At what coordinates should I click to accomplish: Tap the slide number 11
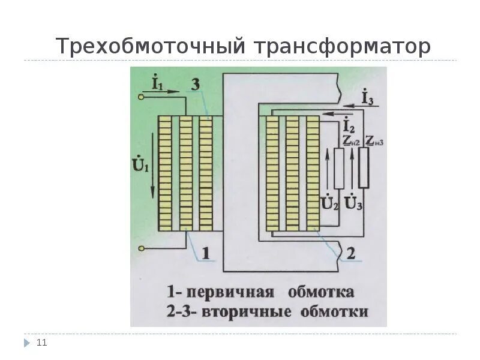[x=41, y=343]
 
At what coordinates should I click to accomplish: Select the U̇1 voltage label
[x=139, y=162]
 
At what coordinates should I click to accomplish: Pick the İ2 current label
[x=348, y=126]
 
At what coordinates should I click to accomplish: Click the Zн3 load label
[x=374, y=141]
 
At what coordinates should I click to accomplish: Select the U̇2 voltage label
[x=329, y=203]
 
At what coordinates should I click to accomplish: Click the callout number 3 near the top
[x=195, y=84]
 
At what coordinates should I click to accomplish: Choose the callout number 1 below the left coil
[x=205, y=254]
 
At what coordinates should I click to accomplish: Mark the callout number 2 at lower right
[x=350, y=254]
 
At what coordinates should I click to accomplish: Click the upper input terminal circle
[x=142, y=95]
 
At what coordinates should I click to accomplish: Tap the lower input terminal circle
[x=142, y=247]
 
